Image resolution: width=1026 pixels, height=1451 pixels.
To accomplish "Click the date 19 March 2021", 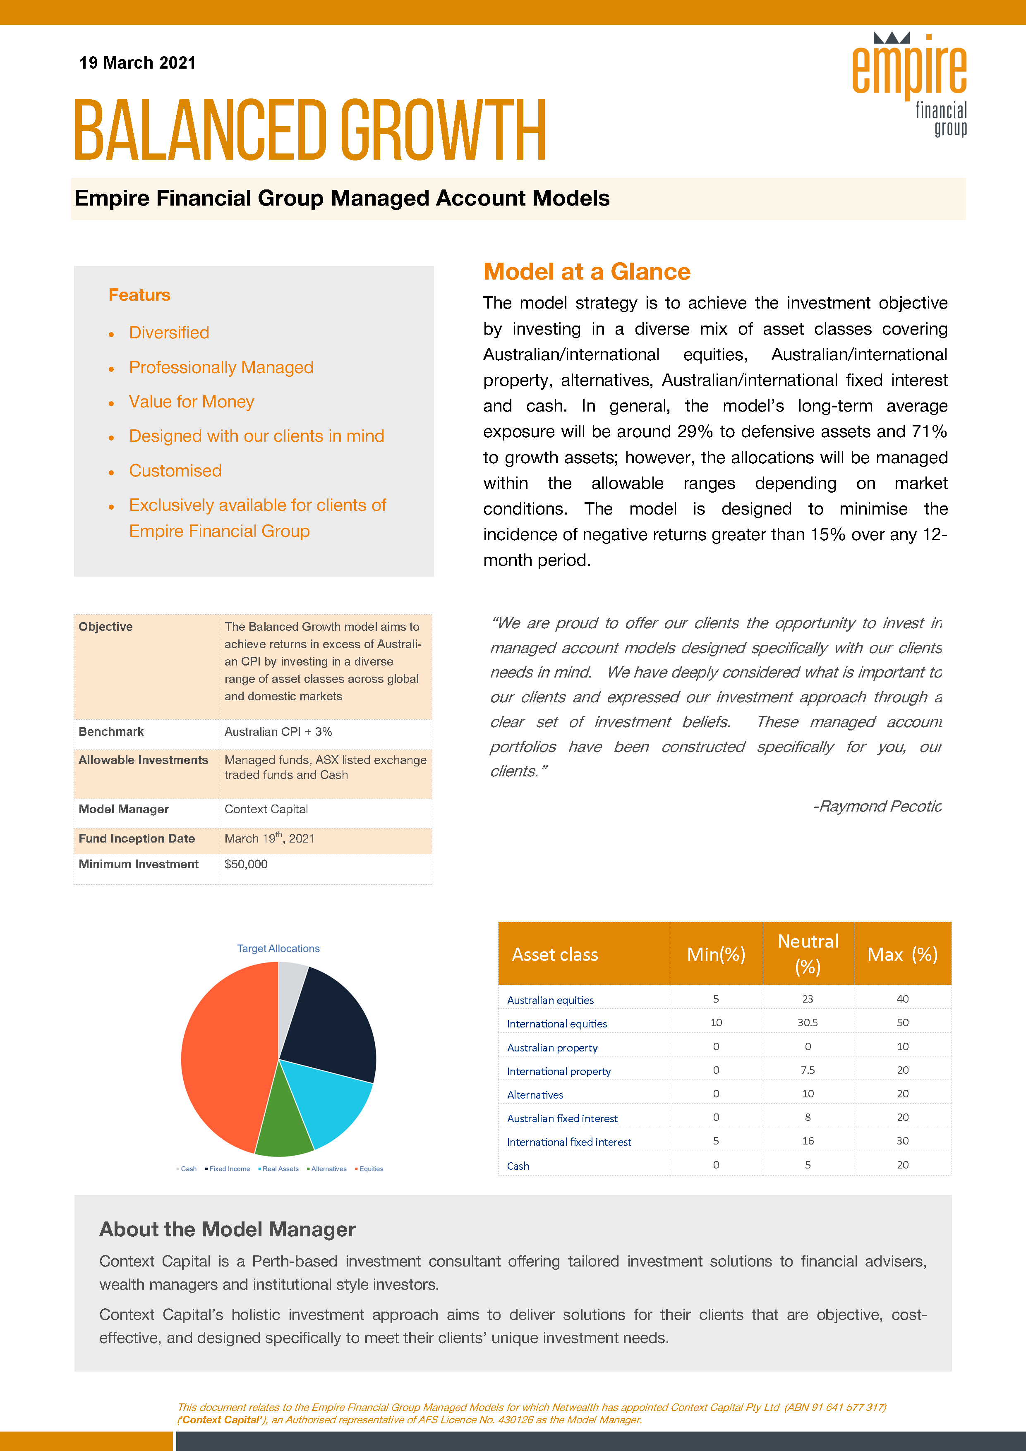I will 137,62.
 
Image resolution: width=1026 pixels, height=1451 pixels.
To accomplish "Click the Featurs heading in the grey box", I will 139,295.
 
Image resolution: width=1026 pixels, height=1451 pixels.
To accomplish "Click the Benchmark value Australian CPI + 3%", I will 278,732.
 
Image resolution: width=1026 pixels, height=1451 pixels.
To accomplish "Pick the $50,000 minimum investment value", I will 246,864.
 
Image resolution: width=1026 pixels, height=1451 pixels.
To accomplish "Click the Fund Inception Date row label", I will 137,838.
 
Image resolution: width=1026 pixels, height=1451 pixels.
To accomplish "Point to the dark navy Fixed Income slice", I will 332,1024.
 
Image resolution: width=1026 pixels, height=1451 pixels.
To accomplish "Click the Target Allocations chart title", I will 278,948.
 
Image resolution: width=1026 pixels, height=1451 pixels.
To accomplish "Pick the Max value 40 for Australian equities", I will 902,999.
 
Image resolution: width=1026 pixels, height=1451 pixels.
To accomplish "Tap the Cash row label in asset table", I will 518,1166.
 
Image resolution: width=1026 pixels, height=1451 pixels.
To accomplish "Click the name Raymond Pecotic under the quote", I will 877,807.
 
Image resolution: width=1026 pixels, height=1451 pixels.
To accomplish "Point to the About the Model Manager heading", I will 228,1229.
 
